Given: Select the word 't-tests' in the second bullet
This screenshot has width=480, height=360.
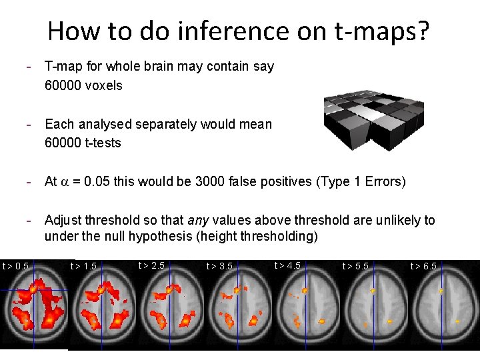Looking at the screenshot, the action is pyautogui.click(x=107, y=143).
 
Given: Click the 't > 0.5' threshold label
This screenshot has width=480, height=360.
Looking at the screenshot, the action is pyautogui.click(x=15, y=267).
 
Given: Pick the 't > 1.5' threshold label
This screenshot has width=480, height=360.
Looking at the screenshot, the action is pyautogui.click(x=83, y=267).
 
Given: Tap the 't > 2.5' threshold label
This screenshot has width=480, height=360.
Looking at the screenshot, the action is pyautogui.click(x=151, y=266).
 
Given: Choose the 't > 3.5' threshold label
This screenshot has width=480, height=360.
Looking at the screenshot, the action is pyautogui.click(x=219, y=267).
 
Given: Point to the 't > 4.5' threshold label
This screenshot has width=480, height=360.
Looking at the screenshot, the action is pyautogui.click(x=287, y=266).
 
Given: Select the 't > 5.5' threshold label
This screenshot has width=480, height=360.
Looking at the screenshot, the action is pyautogui.click(x=355, y=267).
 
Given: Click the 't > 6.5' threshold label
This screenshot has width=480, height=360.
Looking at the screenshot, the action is pyautogui.click(x=423, y=267).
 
